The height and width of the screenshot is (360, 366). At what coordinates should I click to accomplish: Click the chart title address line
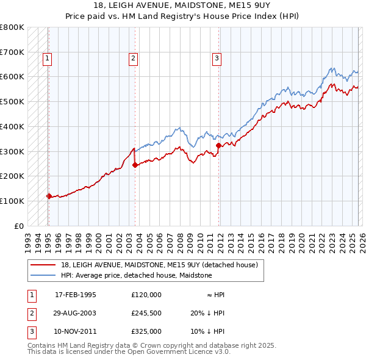pos(183,5)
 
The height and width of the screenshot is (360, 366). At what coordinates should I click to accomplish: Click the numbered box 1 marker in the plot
pos(47,59)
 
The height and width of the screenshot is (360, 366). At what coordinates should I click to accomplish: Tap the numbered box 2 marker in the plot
pos(132,59)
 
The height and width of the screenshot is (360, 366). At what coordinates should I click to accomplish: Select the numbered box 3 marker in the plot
pos(216,59)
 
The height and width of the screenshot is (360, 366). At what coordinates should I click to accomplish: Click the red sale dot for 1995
pos(49,196)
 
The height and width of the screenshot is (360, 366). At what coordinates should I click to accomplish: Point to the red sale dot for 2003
pos(135,165)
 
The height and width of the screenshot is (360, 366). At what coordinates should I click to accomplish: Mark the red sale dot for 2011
pos(218,145)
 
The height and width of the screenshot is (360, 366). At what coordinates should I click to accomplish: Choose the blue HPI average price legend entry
pos(136,275)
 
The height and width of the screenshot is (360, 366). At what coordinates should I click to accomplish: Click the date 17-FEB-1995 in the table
pos(75,295)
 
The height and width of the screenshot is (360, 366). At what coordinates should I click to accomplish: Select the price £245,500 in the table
pos(146,313)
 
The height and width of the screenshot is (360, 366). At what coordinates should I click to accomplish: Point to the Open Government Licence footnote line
pos(129,352)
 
